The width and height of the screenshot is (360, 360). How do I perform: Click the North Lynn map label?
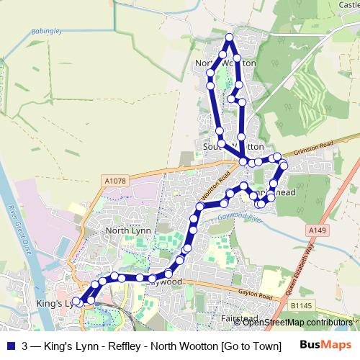click(x=127, y=230)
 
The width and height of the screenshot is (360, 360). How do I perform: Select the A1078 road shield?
click(x=114, y=181)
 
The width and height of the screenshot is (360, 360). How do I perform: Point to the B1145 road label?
click(x=302, y=305)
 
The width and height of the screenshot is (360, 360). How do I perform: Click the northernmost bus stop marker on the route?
click(x=230, y=37)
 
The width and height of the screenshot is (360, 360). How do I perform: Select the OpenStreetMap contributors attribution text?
click(x=298, y=322)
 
